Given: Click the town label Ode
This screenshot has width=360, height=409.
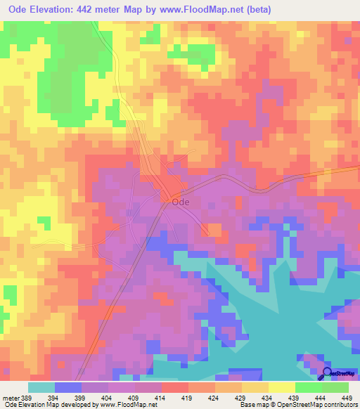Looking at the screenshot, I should pyautogui.click(x=181, y=201).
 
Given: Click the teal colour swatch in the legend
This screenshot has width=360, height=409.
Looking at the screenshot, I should pyautogui.click(x=41, y=387).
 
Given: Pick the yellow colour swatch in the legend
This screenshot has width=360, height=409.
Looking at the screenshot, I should pyautogui.click(x=281, y=387).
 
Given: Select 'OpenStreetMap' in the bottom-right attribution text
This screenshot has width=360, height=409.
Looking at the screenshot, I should pyautogui.click(x=294, y=405).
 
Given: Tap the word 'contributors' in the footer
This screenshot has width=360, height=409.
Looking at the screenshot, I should pyautogui.click(x=339, y=405).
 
